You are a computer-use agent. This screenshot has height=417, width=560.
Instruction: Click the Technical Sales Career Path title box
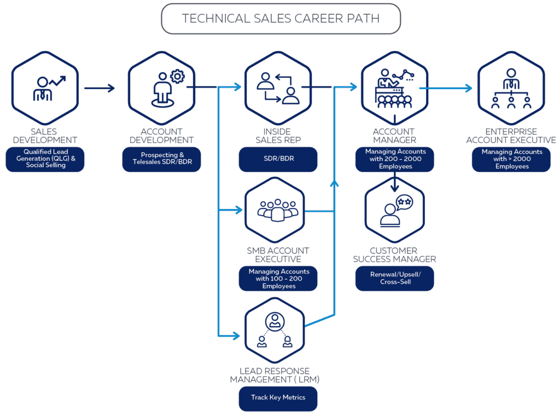tap(281, 19)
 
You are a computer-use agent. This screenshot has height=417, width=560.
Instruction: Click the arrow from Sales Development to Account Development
tap(100, 88)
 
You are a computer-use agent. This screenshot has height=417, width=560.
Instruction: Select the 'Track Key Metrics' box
tap(278, 398)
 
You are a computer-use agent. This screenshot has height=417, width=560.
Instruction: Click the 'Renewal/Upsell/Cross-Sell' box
tap(394, 278)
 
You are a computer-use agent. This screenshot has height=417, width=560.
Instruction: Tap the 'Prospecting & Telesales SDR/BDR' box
tap(162, 159)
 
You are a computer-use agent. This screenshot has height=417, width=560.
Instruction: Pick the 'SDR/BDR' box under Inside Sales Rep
tap(278, 159)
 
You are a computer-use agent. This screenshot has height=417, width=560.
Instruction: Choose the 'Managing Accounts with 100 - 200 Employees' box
tap(278, 279)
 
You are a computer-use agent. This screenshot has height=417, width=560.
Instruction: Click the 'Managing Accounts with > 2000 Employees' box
tap(511, 159)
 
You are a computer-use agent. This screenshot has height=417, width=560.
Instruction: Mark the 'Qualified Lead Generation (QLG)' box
tap(45, 159)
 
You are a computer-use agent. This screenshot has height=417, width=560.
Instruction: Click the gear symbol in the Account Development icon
tap(177, 77)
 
